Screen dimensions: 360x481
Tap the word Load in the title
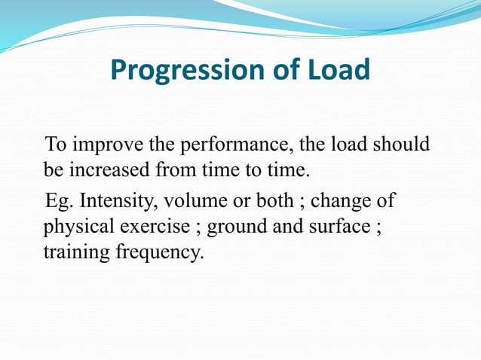click(335, 71)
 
